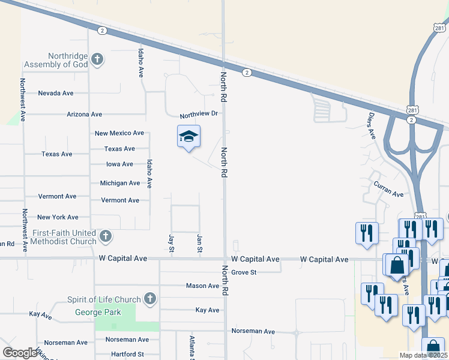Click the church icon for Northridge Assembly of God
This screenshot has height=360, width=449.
[x=97, y=59]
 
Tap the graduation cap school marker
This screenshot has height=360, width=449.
[x=188, y=137]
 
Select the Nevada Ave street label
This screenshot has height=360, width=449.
[x=55, y=94]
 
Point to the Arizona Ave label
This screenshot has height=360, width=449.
[x=85, y=114]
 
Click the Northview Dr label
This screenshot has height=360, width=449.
[x=198, y=114]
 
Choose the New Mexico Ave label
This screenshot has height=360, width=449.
[x=119, y=133]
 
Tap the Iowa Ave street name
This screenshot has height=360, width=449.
[x=119, y=164]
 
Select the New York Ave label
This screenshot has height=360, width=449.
[x=58, y=217]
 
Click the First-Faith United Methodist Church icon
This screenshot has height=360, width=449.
[x=105, y=236]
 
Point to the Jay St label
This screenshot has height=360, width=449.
[x=172, y=243]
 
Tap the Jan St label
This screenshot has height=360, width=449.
[x=199, y=243]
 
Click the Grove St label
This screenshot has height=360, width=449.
[x=244, y=272]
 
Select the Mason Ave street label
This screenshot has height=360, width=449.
[x=202, y=286]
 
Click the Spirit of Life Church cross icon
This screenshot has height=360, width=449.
[x=149, y=299]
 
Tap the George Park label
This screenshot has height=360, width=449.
[x=98, y=312]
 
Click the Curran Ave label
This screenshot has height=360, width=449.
[x=388, y=190]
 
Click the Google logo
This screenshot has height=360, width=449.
[x=20, y=353]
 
